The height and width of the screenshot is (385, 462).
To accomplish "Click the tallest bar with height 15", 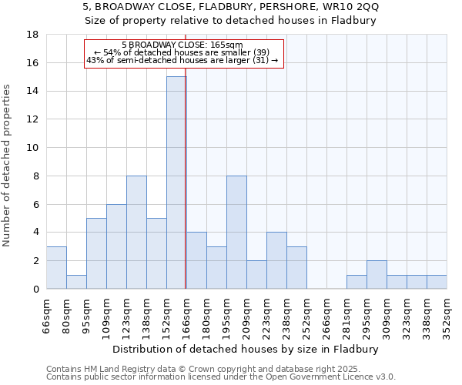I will pyautogui.click(x=176, y=182).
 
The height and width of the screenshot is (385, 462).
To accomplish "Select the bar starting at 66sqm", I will pyautogui.click(x=56, y=267).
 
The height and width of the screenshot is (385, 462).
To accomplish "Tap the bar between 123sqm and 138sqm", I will pyautogui.click(x=136, y=232).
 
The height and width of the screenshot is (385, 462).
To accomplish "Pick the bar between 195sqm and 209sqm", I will pyautogui.click(x=236, y=232).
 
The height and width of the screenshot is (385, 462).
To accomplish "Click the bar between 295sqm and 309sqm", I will pyautogui.click(x=377, y=274).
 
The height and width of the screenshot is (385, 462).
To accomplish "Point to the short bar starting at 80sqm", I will pyautogui.click(x=76, y=282).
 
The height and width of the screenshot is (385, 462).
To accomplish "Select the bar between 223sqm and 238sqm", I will pyautogui.click(x=276, y=260).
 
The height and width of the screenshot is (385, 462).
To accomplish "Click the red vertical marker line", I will pyautogui.click(x=186, y=192).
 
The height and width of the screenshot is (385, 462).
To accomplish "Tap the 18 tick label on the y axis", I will pyautogui.click(x=33, y=35).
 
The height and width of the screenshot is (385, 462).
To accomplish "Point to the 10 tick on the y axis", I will pyautogui.click(x=33, y=148).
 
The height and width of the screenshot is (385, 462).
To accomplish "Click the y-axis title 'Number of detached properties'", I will pyautogui.click(x=8, y=166).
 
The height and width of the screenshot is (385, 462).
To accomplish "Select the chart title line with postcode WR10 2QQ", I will pyautogui.click(x=231, y=7).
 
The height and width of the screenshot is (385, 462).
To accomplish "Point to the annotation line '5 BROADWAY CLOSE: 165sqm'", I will pyautogui.click(x=182, y=45).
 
